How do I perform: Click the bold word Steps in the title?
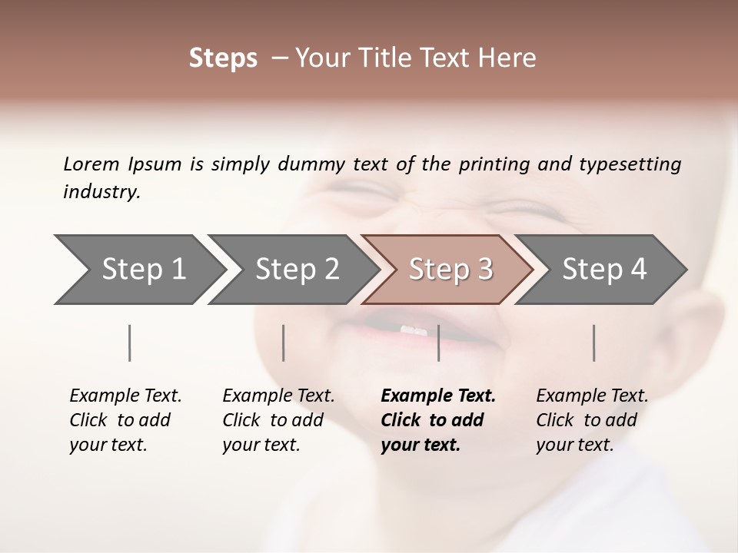click(x=223, y=58)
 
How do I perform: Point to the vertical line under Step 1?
click(x=129, y=343)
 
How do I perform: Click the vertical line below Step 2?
click(x=284, y=343)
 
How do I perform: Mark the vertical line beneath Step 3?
click(x=438, y=343)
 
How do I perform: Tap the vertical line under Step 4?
click(x=593, y=343)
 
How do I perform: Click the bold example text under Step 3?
click(x=437, y=420)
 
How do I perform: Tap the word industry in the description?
click(x=101, y=192)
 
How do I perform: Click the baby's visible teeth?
click(x=413, y=330)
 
